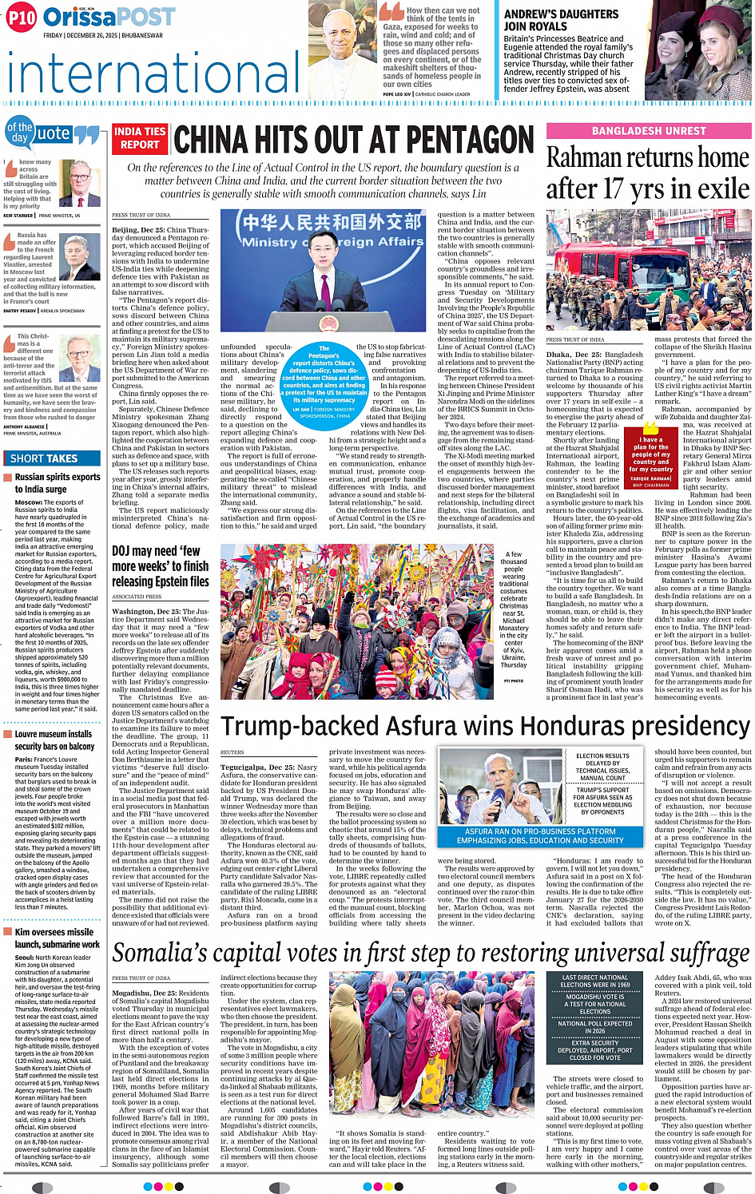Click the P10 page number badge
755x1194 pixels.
[x=22, y=18]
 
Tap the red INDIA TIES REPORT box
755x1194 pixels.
[x=140, y=138]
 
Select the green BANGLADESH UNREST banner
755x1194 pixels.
[x=649, y=131]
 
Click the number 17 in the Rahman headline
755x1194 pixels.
[x=613, y=188]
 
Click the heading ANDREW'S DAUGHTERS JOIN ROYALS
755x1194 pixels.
[x=561, y=20]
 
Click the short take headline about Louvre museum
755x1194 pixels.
[x=54, y=740]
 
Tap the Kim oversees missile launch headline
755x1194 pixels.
[x=57, y=938]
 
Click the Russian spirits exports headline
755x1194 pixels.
[x=57, y=482]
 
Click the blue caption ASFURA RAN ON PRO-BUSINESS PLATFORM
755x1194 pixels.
[x=539, y=835]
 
